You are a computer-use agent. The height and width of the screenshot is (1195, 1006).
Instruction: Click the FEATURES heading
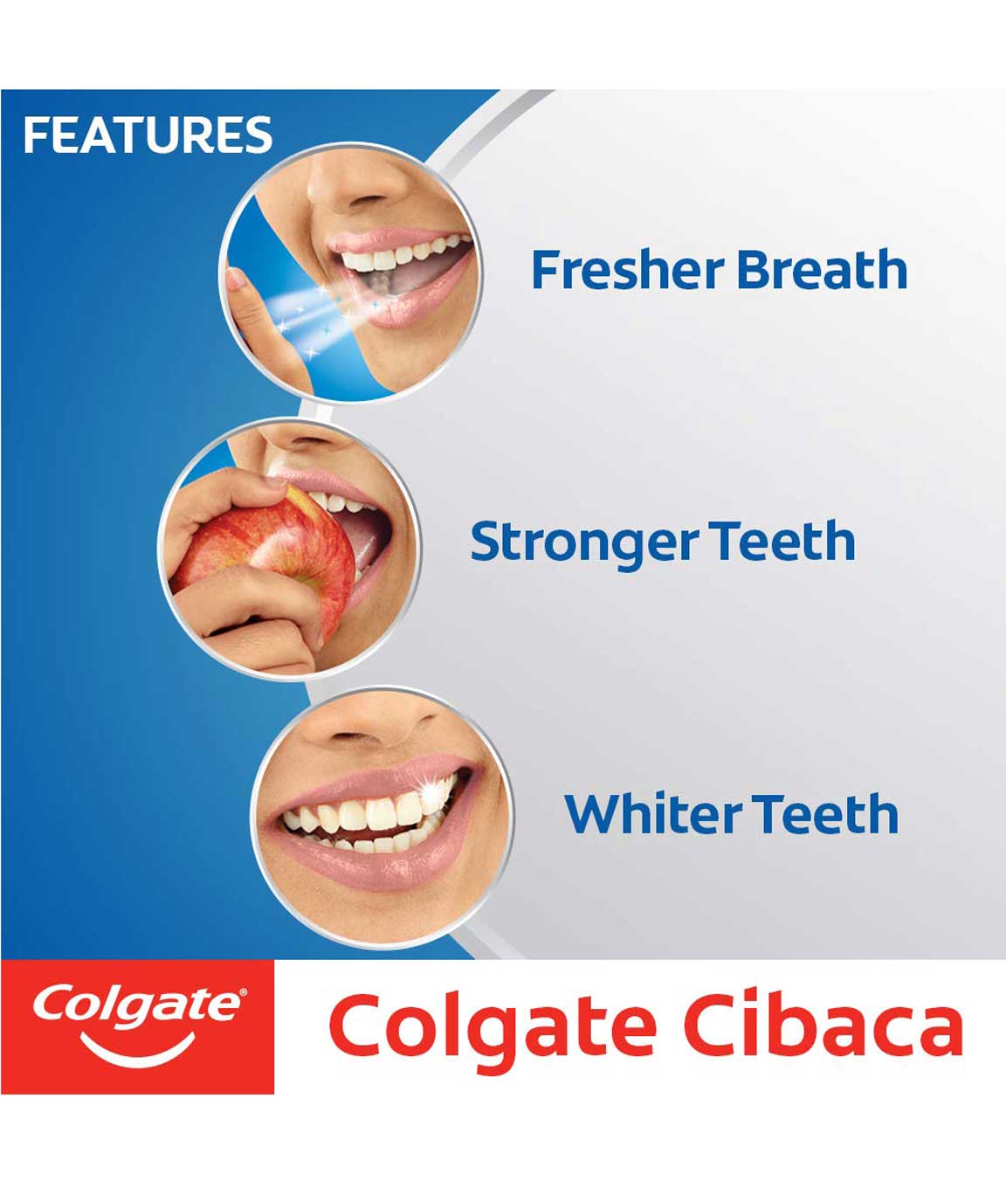click(148, 135)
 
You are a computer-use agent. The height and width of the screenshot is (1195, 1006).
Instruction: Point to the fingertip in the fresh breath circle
click(237, 280)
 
